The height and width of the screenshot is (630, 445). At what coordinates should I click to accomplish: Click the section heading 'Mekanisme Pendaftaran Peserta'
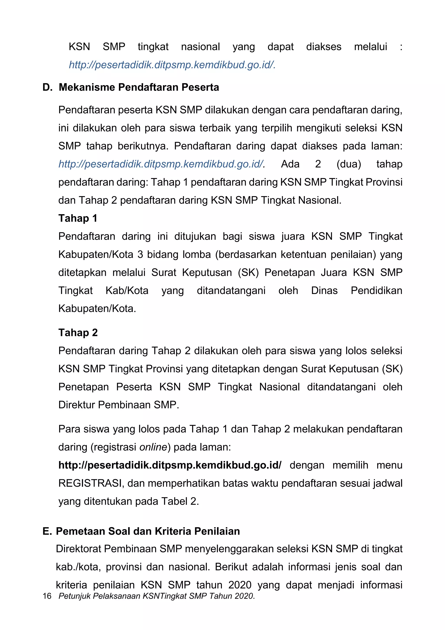[x=139, y=87]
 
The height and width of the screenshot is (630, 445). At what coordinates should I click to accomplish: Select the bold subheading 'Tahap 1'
[x=78, y=218]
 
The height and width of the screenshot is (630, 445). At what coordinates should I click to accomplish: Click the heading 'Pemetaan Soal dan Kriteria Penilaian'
[x=148, y=531]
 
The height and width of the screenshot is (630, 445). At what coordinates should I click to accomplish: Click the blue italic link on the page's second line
[x=172, y=65]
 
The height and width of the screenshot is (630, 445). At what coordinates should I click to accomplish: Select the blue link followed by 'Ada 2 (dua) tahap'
[x=161, y=164]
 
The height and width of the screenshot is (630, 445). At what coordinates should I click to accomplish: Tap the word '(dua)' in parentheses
[x=349, y=164]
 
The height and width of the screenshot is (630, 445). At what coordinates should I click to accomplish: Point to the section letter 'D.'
[x=47, y=87]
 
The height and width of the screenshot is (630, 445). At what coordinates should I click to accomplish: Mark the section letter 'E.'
[x=47, y=531]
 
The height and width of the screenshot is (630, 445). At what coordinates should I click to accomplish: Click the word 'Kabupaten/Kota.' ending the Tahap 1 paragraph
[x=97, y=308]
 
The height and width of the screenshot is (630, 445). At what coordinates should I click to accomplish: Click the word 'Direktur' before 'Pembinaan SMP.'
[x=76, y=405]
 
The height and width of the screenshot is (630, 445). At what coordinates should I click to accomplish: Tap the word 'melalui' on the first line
[x=370, y=47]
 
